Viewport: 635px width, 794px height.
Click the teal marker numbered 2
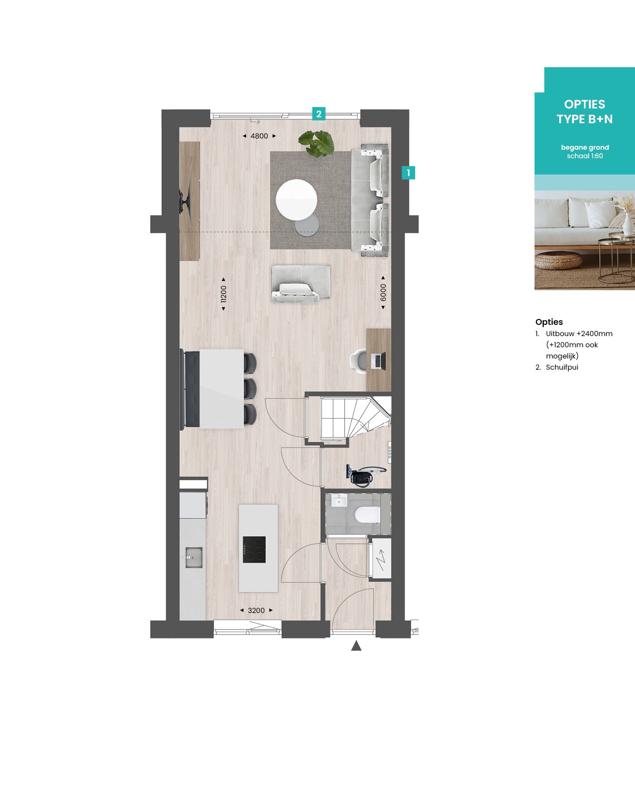tap(319, 114)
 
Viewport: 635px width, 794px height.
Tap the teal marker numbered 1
tap(408, 173)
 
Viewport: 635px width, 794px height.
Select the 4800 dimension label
tap(259, 136)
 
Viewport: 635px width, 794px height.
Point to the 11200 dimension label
tap(224, 294)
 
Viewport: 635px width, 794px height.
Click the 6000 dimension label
tap(383, 293)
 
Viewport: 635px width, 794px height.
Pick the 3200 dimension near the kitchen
tap(256, 610)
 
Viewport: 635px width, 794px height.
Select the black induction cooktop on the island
tap(254, 549)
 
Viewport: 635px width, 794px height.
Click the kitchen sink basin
tap(194, 557)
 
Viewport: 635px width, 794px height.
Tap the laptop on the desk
tap(378, 361)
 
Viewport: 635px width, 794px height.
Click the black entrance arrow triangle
tap(356, 646)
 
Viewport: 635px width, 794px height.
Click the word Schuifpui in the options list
tap(562, 367)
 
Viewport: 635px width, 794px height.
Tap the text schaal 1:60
tap(585, 156)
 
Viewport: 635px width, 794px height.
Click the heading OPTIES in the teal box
tap(584, 104)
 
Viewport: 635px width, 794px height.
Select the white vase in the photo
tap(628, 222)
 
